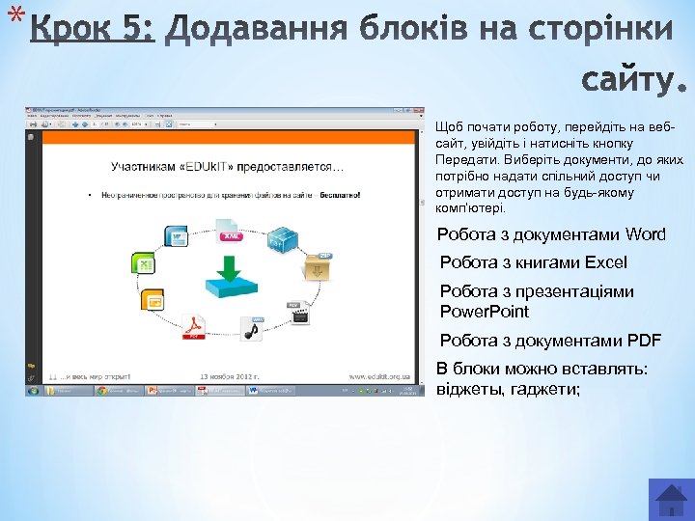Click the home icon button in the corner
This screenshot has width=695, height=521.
[x=671, y=498]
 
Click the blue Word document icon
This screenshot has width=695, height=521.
[x=176, y=235]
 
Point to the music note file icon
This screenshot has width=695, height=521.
[x=253, y=329]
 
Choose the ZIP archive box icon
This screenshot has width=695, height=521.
[x=318, y=265]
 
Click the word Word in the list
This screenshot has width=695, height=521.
[x=645, y=234]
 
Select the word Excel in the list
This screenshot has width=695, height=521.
[x=605, y=262]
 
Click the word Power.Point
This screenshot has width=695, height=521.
[x=485, y=312]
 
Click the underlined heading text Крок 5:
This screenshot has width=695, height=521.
[x=92, y=31]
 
